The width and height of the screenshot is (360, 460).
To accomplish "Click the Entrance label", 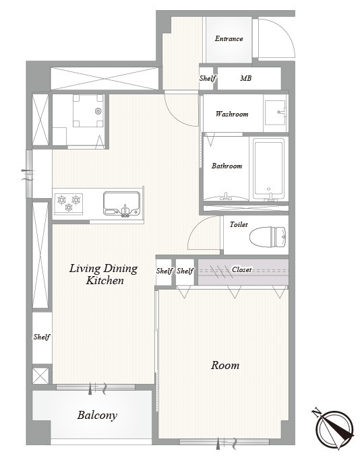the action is coord(229,38).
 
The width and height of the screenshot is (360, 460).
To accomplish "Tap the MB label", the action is coord(246,78).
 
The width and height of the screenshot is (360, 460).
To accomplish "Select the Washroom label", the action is coord(232,114).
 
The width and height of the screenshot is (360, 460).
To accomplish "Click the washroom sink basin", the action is coord(275,112).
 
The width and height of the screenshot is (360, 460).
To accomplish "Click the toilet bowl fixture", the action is coord(268,237).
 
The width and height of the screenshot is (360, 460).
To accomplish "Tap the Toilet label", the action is coord(239,224).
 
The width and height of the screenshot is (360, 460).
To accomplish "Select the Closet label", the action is coord(241,269).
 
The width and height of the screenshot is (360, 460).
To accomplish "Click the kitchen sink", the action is coord(121,204).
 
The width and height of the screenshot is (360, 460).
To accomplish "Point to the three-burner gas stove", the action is coord(69,203).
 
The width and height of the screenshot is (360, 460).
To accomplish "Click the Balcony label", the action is coord(97,415).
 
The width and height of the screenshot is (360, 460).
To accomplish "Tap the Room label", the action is coord(225,365).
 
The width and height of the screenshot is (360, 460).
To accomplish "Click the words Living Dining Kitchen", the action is coord(103,274).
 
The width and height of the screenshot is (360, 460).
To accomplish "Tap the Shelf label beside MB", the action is coord(208,78).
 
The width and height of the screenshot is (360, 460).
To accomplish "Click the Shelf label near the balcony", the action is coord(42,337).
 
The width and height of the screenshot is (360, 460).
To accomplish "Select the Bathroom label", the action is coord(227,166).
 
